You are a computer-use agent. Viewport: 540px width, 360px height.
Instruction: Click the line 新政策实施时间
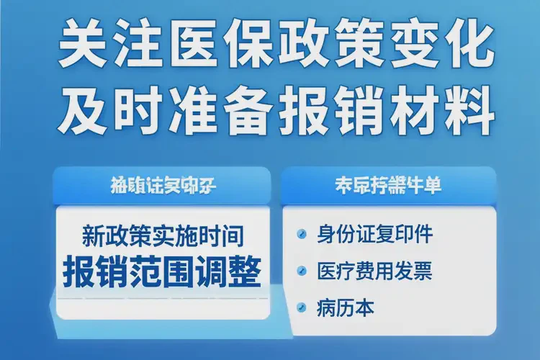click(162, 235)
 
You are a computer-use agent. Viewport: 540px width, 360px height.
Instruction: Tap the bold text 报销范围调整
click(162, 269)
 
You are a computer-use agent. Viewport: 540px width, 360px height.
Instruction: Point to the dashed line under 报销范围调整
click(162, 297)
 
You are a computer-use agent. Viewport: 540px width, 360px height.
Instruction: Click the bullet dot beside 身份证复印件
click(301, 235)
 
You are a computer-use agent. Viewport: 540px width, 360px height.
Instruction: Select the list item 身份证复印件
click(374, 235)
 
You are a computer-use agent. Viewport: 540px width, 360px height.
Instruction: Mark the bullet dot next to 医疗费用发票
click(301, 272)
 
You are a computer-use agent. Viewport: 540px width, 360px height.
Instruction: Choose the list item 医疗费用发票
click(374, 272)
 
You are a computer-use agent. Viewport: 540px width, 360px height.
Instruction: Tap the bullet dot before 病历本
click(301, 310)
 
